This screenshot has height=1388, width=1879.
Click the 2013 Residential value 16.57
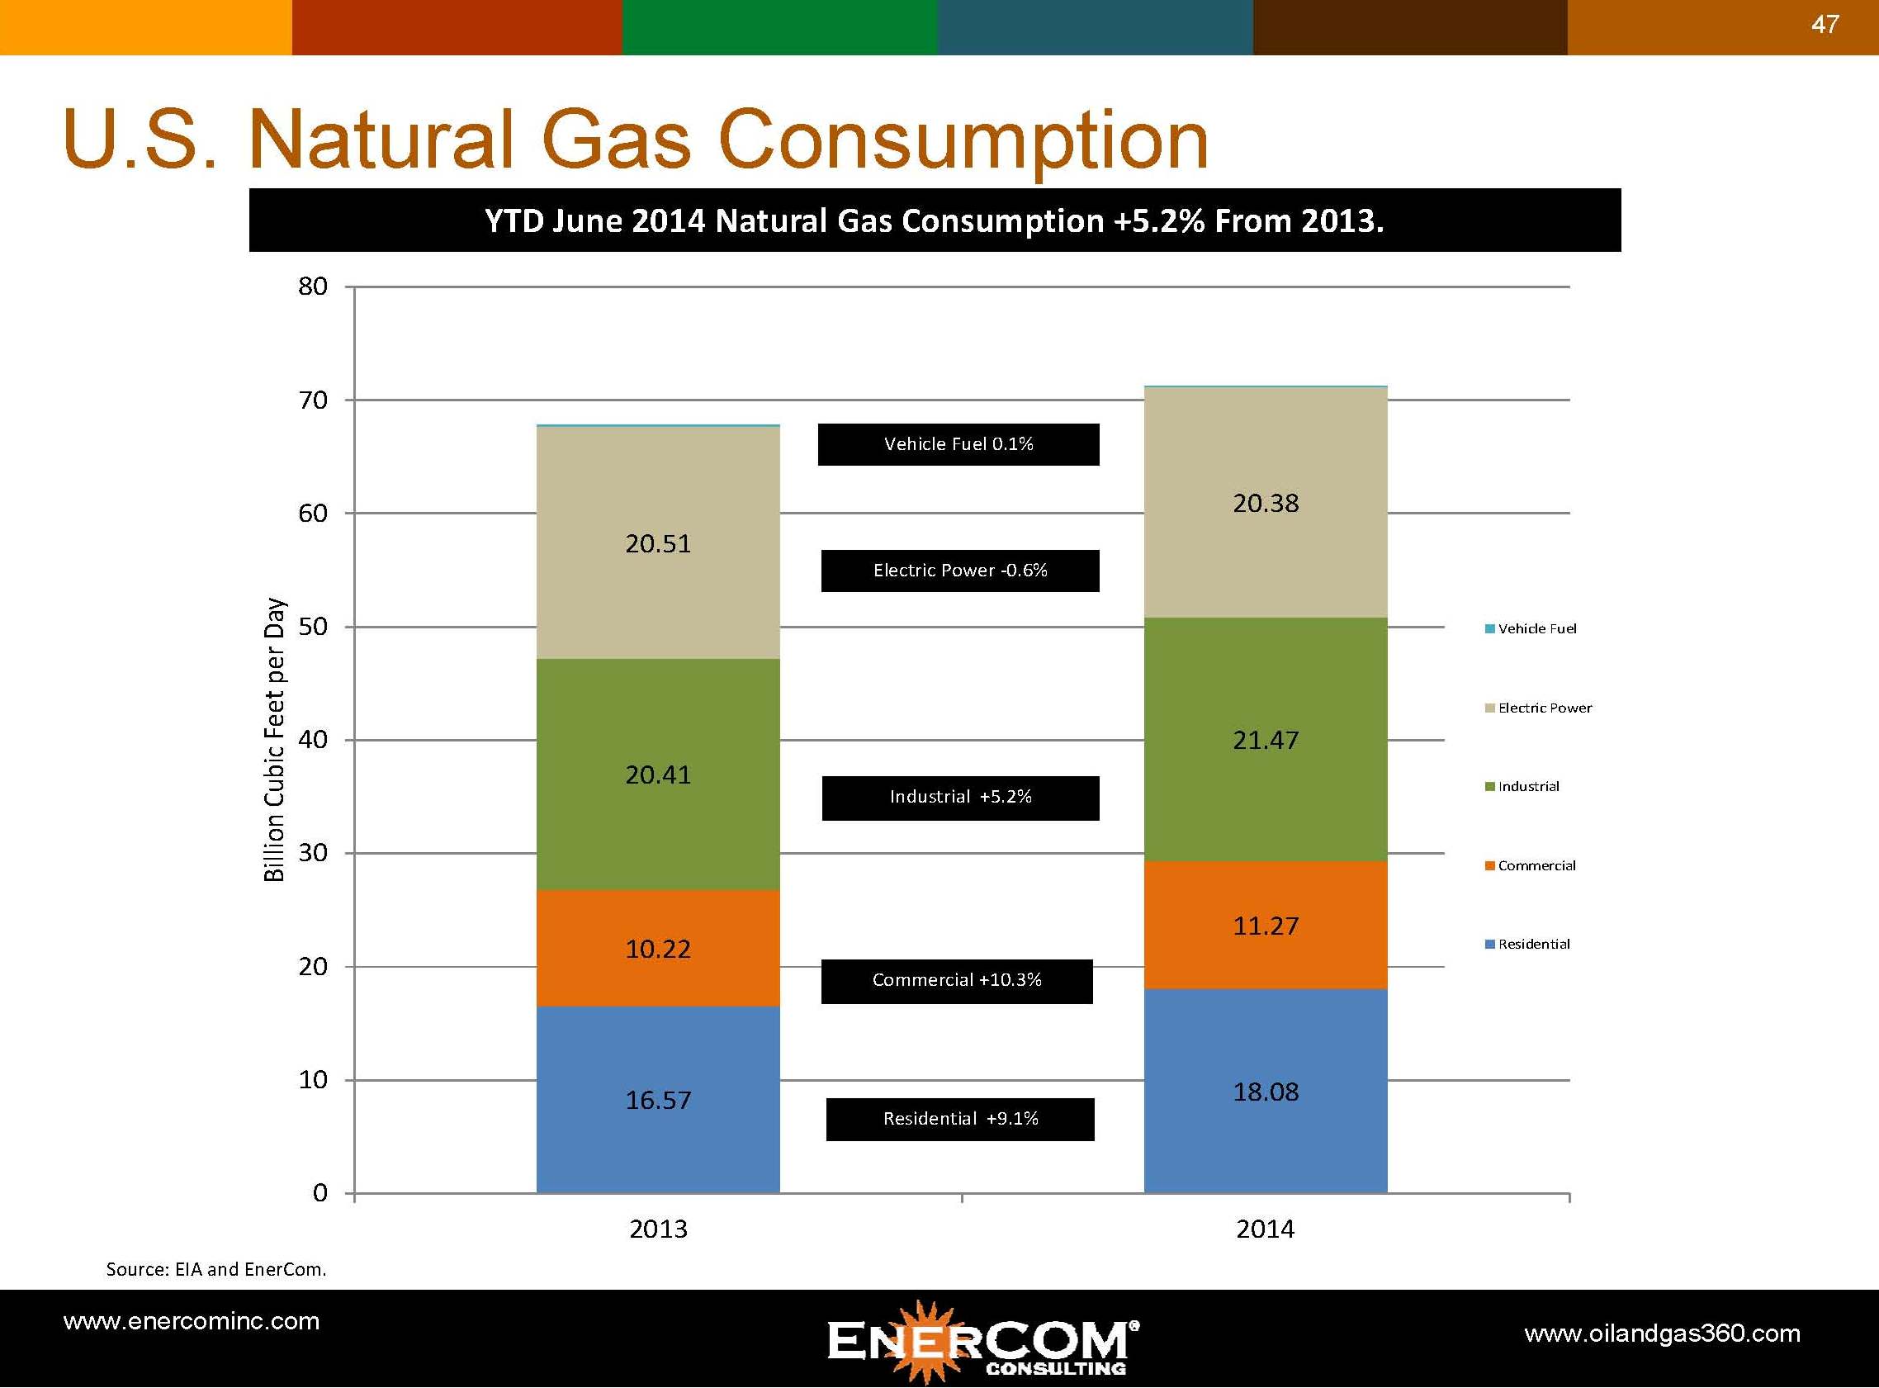[658, 1100]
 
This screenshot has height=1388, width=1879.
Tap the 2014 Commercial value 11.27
[1265, 926]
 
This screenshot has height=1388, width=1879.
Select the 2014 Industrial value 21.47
[1265, 740]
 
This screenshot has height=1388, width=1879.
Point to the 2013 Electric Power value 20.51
[658, 543]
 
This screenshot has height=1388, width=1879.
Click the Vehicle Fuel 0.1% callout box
[958, 444]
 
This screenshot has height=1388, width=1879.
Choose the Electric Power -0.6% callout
[960, 571]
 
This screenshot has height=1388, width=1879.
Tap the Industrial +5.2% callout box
[960, 798]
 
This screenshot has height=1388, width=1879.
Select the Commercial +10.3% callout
[957, 980]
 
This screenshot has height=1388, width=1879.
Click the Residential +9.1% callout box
[960, 1119]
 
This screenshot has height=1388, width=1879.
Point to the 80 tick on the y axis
[312, 287]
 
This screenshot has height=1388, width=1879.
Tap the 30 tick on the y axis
[312, 853]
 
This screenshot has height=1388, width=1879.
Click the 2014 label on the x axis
[1265, 1229]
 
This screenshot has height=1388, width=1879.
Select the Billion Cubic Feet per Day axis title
[275, 739]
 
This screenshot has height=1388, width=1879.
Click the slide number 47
[1824, 25]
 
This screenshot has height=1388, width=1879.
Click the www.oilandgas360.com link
[1661, 1334]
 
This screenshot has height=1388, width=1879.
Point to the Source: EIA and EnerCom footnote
[215, 1269]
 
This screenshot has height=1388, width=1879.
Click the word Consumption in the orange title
[963, 140]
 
